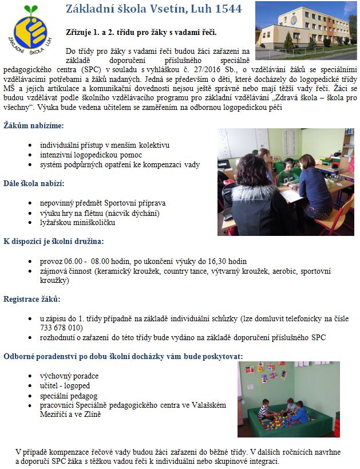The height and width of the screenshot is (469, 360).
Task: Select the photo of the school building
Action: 306,29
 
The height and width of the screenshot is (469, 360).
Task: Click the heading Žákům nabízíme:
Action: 34,125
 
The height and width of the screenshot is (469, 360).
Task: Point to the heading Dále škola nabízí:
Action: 34,183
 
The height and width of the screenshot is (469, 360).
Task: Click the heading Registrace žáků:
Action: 32,299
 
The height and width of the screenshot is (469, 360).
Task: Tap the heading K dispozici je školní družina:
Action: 54,241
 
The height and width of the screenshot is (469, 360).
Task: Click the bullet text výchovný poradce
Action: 69,376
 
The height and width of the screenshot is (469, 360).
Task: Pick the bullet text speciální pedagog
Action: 69,395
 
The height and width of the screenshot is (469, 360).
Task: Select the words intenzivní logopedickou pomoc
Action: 91,155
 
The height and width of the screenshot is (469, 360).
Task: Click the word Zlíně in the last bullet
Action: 93,414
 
